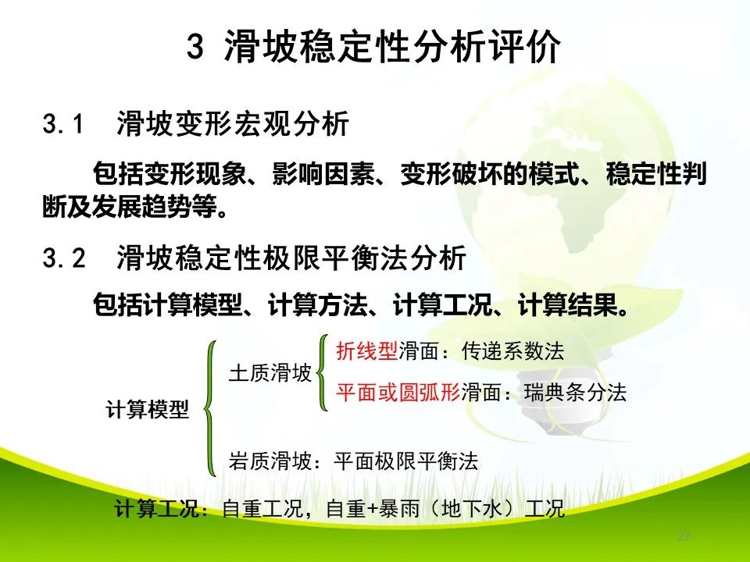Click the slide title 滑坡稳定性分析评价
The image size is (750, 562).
click(392, 48)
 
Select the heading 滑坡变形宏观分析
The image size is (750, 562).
click(232, 123)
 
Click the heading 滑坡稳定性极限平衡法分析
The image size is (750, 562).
click(291, 258)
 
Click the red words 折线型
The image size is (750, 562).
click(366, 351)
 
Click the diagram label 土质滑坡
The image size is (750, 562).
click(270, 372)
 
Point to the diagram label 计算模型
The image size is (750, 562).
click(147, 408)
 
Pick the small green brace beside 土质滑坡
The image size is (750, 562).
click(322, 372)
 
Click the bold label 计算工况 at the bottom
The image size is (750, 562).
click(156, 510)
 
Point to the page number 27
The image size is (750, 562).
click(684, 537)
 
